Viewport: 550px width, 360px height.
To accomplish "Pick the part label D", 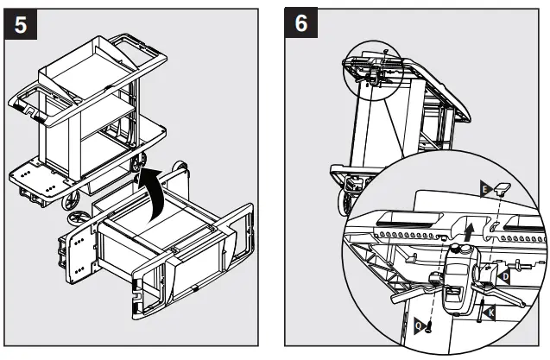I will [x=504, y=275].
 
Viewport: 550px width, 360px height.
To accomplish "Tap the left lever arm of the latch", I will [x=411, y=288].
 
